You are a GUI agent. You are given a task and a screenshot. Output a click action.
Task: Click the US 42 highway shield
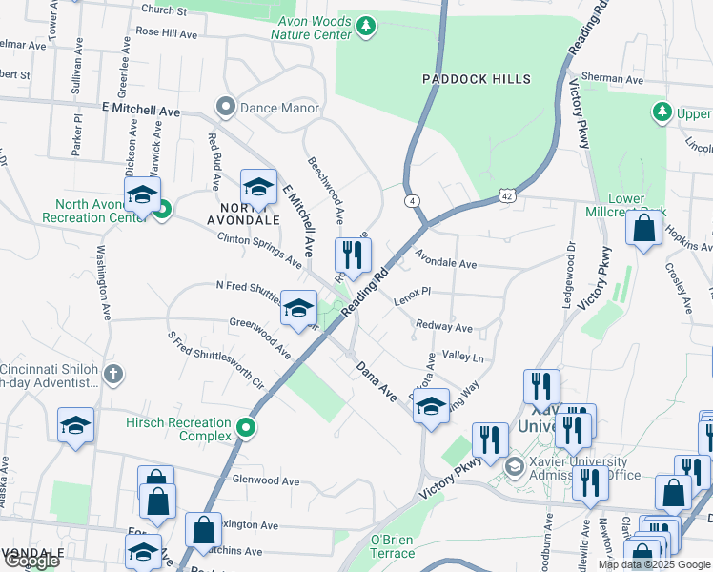[x=507, y=196]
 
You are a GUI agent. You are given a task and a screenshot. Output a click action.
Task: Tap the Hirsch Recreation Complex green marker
[x=247, y=429]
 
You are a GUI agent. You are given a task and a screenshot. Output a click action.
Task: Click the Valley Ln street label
[x=463, y=357]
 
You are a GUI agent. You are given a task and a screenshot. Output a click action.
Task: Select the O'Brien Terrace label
[x=392, y=546]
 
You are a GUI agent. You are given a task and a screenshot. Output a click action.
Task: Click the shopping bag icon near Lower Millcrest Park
[x=645, y=228]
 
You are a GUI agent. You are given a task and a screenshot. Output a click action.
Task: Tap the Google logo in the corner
[x=31, y=561]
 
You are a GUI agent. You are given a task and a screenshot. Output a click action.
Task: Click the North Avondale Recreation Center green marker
[x=161, y=209]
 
